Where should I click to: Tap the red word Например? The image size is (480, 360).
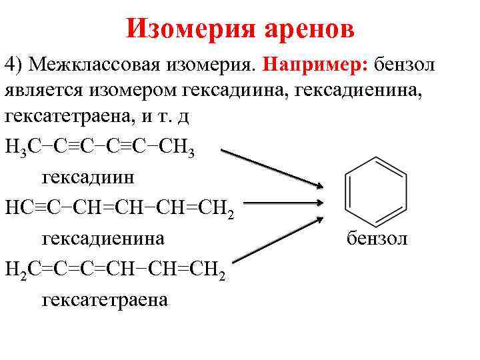coord(315,65)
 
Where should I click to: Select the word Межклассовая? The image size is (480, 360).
coord(89,65)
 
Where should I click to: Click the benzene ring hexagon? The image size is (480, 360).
coord(375,193)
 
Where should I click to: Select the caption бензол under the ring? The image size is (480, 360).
coord(377,237)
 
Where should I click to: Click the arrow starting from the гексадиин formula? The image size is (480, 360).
coord(273,169)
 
